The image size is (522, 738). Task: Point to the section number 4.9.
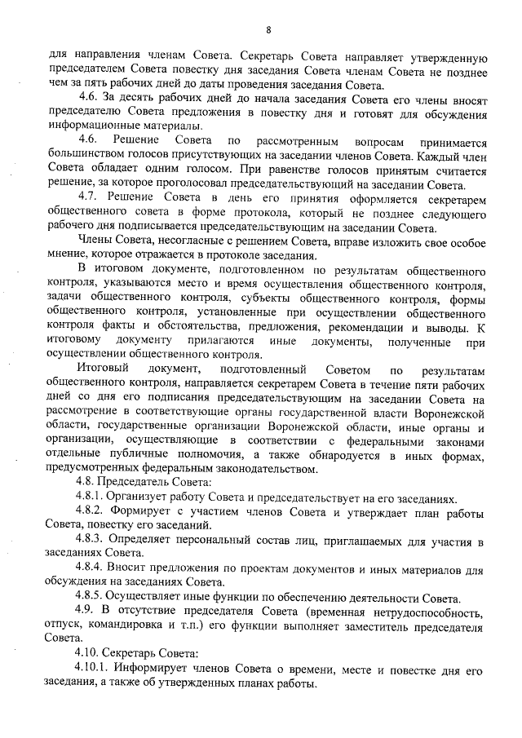[83, 611]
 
